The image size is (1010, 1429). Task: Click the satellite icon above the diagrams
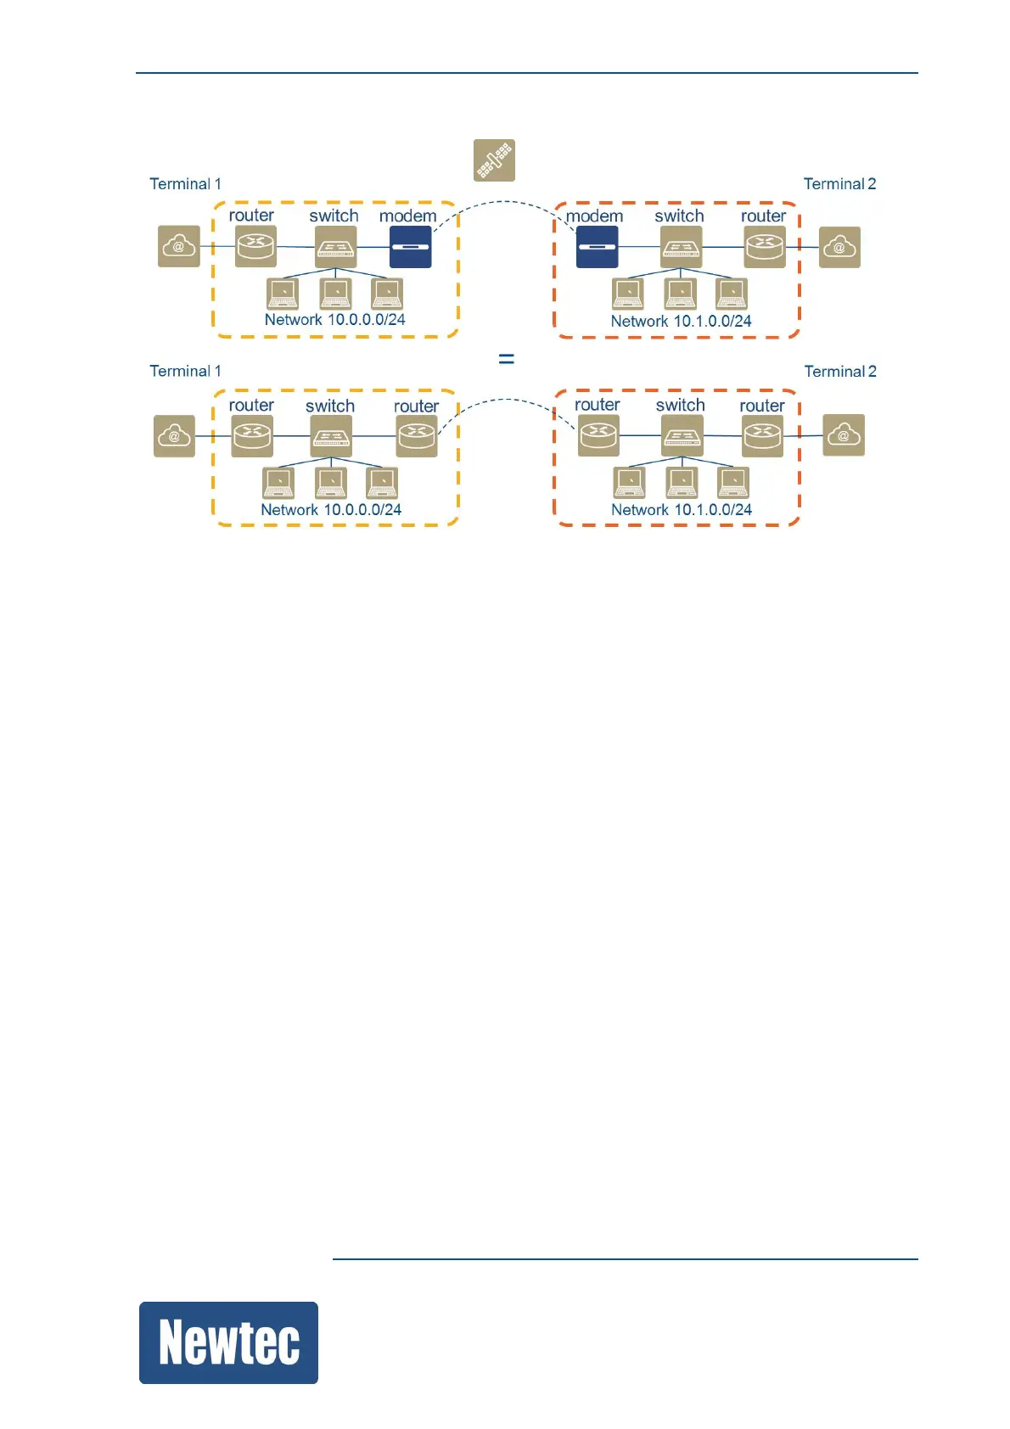click(494, 160)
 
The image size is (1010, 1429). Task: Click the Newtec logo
click(228, 1342)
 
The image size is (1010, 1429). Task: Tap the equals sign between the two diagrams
click(506, 359)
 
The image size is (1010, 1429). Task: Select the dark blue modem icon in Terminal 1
click(410, 247)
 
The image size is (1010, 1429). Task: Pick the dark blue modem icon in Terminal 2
click(597, 247)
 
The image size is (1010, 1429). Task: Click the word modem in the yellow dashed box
click(407, 216)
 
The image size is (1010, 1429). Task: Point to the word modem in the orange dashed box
click(594, 216)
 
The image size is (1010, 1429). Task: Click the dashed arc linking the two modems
click(503, 202)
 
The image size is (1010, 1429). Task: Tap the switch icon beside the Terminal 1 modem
click(335, 247)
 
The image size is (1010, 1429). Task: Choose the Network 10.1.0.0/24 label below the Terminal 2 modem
click(681, 322)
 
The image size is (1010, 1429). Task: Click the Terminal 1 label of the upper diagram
click(185, 184)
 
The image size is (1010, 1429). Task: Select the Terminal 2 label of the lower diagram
click(840, 372)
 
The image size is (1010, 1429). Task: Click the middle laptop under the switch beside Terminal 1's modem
click(335, 294)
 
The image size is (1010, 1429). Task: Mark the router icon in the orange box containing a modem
click(764, 247)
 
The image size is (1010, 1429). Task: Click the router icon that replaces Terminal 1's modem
click(416, 435)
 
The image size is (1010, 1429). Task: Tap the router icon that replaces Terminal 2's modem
click(598, 435)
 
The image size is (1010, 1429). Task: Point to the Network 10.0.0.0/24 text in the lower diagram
click(331, 510)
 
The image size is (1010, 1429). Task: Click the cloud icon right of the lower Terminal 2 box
click(844, 435)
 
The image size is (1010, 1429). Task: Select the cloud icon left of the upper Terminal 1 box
click(179, 247)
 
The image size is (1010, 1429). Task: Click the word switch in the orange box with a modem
click(679, 216)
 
